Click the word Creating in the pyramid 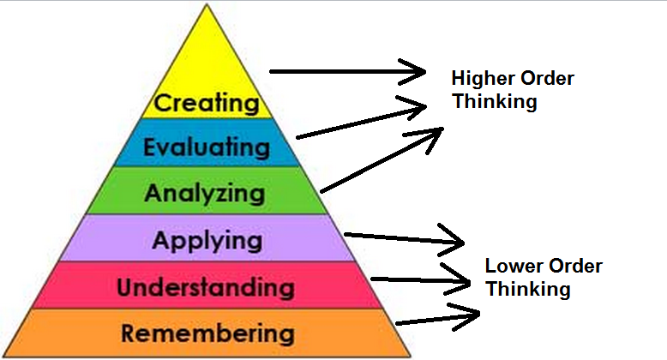click(x=207, y=104)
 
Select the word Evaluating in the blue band click(x=207, y=147)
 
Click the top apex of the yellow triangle click(x=207, y=5)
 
